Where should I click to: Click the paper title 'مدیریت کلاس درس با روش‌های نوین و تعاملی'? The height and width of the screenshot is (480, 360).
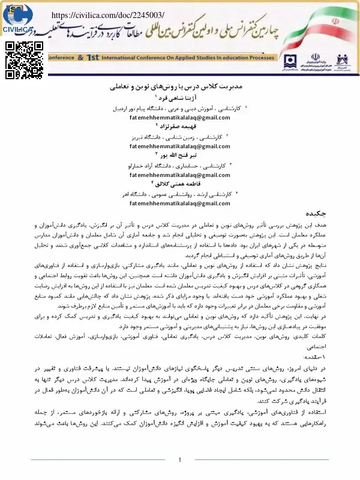180,87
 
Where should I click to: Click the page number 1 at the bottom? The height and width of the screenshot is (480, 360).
179,460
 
